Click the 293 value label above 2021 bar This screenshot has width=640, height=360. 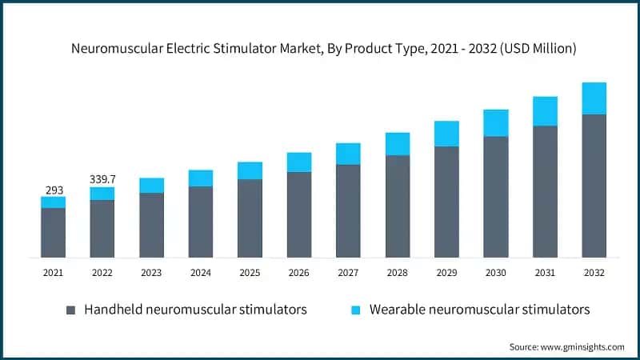pyautogui.click(x=53, y=190)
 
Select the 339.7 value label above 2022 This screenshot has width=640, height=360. pyautogui.click(x=102, y=178)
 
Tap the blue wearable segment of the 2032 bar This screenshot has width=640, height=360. pyautogui.click(x=594, y=98)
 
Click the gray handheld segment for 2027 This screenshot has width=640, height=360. pyautogui.click(x=348, y=210)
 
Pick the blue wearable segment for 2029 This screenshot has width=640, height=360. pyautogui.click(x=446, y=134)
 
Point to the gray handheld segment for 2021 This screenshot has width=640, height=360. pyautogui.click(x=53, y=232)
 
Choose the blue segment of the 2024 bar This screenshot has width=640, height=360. pyautogui.click(x=201, y=178)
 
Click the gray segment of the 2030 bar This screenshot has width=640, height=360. pyautogui.click(x=495, y=196)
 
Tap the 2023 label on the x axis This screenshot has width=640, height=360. pyautogui.click(x=151, y=273)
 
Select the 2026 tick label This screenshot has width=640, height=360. pyautogui.click(x=299, y=273)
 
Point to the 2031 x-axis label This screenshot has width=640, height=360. pyautogui.click(x=545, y=273)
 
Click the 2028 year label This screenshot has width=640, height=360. pyautogui.click(x=398, y=273)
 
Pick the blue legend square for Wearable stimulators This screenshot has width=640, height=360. pyautogui.click(x=356, y=310)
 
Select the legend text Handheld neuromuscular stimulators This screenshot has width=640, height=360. pyautogui.click(x=195, y=310)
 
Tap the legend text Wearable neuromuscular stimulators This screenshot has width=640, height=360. pyautogui.click(x=479, y=310)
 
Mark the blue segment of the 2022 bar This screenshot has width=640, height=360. pyautogui.click(x=102, y=194)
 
